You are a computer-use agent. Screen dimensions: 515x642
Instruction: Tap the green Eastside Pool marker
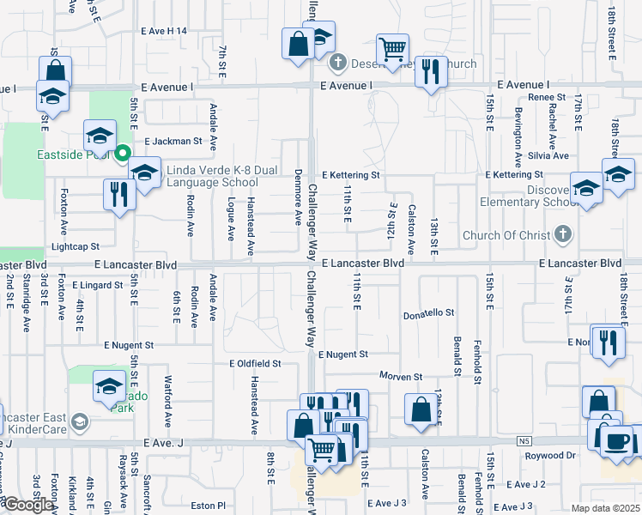(122, 154)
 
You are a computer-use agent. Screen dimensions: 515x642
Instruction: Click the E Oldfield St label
(255, 364)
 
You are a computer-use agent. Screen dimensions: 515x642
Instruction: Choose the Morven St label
(402, 377)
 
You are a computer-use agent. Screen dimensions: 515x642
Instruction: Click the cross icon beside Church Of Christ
(562, 234)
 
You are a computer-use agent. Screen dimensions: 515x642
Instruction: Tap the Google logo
(28, 505)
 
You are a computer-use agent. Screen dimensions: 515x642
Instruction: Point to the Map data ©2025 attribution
(605, 508)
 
